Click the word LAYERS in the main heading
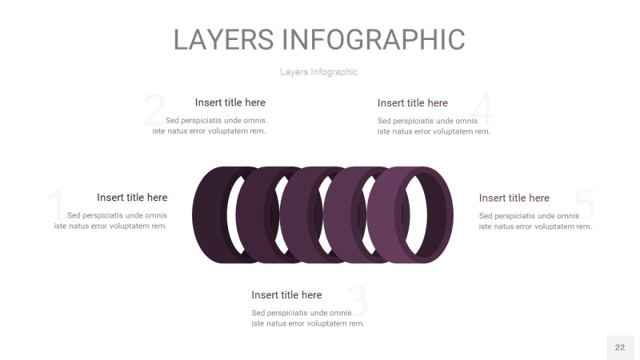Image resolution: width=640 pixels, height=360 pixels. pyautogui.click(x=223, y=39)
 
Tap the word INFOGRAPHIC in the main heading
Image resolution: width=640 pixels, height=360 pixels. pyautogui.click(x=374, y=39)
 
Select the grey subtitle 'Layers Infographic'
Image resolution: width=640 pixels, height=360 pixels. pyautogui.click(x=318, y=72)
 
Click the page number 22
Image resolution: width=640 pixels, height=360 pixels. pyautogui.click(x=620, y=347)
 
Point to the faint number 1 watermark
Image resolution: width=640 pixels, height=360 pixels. pyautogui.click(x=56, y=204)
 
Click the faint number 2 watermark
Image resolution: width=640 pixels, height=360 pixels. pyautogui.click(x=154, y=110)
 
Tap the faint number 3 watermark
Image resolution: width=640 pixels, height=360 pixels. pyautogui.click(x=357, y=302)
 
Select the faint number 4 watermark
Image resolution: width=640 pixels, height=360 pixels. pyautogui.click(x=482, y=110)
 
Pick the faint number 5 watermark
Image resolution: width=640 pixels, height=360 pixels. pyautogui.click(x=585, y=204)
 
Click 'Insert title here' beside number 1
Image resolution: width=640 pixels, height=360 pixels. pyautogui.click(x=132, y=198)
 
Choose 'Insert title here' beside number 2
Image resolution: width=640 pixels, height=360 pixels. pyautogui.click(x=230, y=102)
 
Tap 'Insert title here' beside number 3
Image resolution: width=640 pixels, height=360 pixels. pyautogui.click(x=286, y=294)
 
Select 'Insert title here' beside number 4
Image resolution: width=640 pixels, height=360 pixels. pyautogui.click(x=413, y=103)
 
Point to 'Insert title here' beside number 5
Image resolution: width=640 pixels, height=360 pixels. pyautogui.click(x=514, y=198)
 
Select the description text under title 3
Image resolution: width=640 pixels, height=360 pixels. pyautogui.click(x=308, y=318)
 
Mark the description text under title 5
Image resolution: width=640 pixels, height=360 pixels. pyautogui.click(x=535, y=221)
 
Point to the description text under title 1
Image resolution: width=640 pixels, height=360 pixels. pyautogui.click(x=110, y=221)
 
